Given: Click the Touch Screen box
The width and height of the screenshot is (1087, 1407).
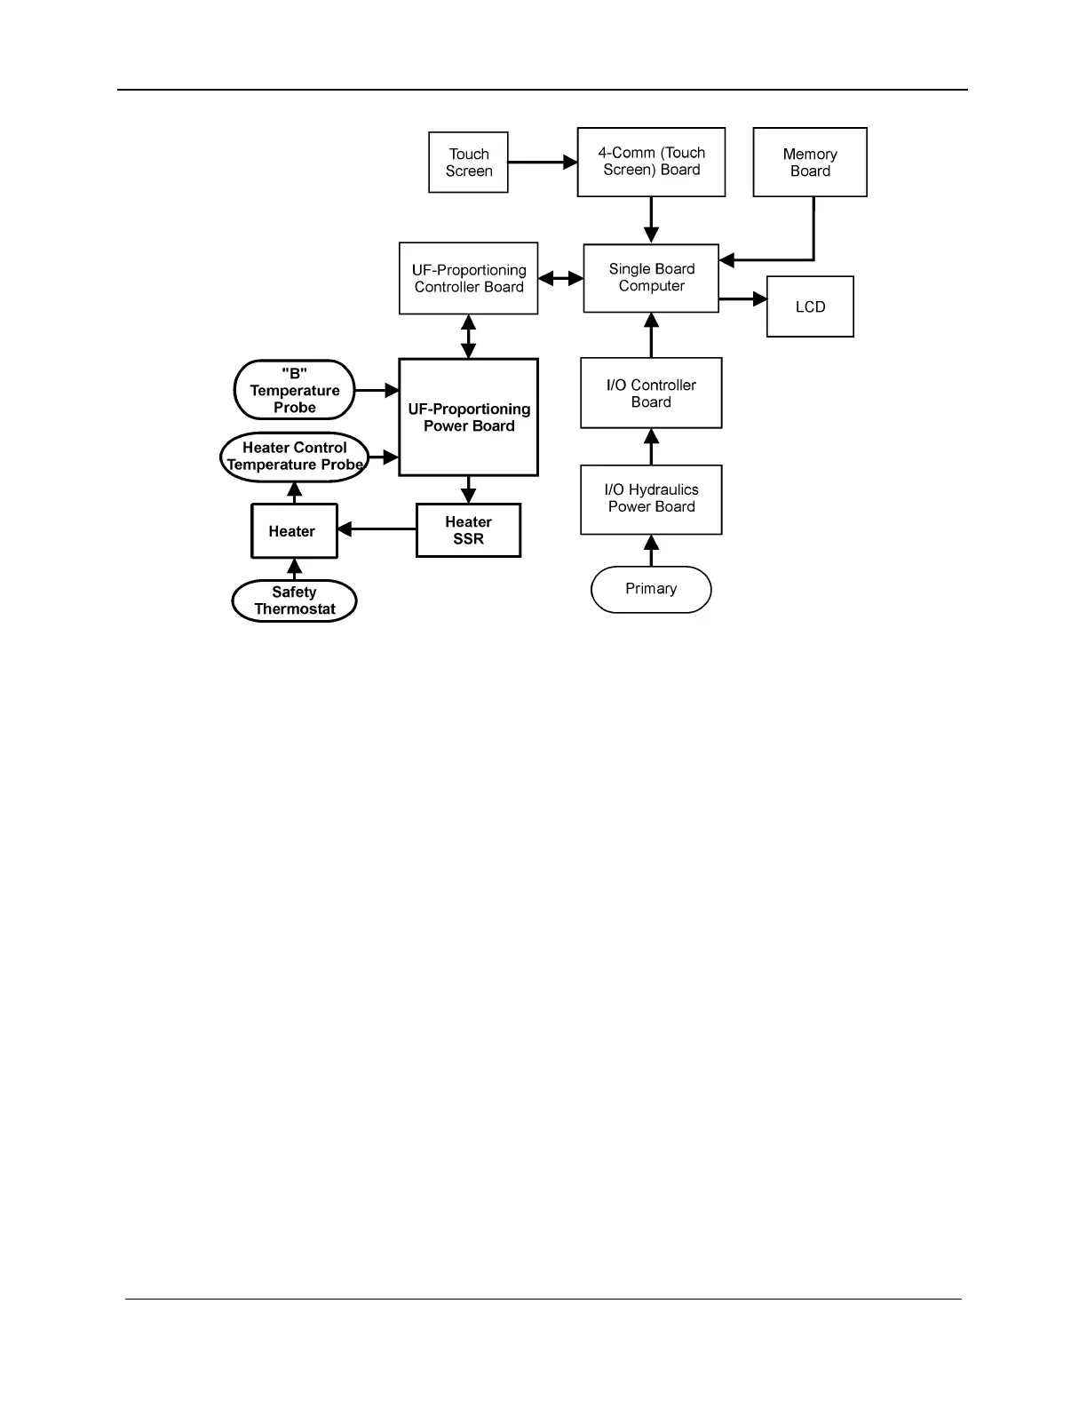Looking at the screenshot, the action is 468,163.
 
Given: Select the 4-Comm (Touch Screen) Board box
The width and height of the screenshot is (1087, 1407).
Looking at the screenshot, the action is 651,162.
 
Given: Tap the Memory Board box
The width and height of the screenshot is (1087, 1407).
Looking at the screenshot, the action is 810,163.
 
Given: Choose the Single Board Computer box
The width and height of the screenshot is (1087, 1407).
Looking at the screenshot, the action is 651,278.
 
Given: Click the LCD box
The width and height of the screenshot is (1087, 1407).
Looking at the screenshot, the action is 810,306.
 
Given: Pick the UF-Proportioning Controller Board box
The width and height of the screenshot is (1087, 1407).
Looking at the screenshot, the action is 468,278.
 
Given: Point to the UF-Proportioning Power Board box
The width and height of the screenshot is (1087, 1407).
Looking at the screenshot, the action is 468,417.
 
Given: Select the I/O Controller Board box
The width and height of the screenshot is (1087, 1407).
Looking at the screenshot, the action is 651,393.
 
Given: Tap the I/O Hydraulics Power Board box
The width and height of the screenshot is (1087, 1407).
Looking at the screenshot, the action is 651,499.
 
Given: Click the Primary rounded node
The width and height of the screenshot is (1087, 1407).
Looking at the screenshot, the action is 651,589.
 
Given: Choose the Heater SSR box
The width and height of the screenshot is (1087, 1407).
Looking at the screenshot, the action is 468,530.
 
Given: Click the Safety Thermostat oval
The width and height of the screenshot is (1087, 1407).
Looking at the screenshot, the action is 294,601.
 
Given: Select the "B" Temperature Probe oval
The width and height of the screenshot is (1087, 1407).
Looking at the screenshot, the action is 294,390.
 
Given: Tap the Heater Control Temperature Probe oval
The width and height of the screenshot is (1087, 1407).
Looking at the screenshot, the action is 294,457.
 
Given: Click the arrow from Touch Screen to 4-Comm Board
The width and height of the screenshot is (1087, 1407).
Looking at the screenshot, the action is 543,163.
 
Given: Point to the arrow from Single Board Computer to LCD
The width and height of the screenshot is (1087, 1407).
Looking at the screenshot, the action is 742,299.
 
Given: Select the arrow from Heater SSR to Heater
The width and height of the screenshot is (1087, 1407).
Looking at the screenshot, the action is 377,529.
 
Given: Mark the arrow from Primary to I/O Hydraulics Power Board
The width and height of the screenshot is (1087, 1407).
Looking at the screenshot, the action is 651,551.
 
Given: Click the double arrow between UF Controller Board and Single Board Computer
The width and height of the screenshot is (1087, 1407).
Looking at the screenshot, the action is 560,279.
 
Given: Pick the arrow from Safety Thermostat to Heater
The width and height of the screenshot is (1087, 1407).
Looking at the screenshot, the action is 295,569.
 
